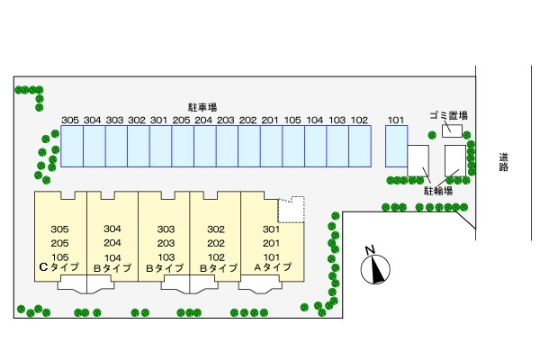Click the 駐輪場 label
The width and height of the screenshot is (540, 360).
click(x=437, y=191)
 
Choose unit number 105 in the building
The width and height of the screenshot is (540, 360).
click(x=60, y=256)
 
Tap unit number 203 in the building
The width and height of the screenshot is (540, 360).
click(x=165, y=242)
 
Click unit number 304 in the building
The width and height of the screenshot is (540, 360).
click(x=112, y=229)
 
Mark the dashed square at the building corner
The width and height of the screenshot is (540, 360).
click(x=291, y=210)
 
